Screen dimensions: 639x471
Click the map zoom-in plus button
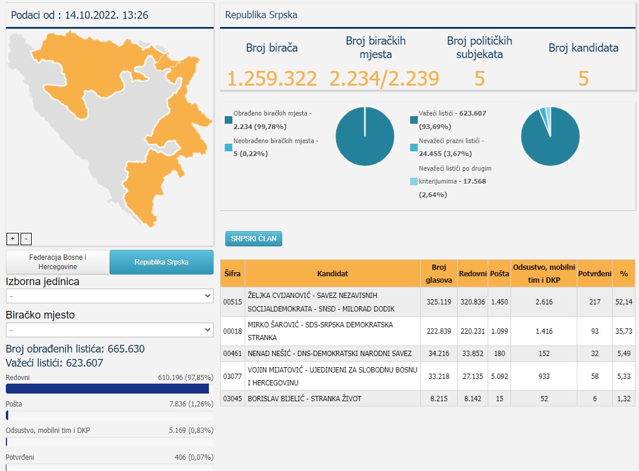(x=13, y=239)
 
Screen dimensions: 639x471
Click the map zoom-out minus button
(x=26, y=239)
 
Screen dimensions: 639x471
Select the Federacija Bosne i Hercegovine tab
(x=58, y=262)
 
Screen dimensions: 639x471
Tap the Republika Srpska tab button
(x=161, y=262)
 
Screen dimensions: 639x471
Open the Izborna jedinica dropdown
(x=110, y=296)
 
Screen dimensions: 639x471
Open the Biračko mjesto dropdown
(x=110, y=330)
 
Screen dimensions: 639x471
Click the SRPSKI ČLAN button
(x=253, y=239)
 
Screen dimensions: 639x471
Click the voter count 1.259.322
(x=272, y=78)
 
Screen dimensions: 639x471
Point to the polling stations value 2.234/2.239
(x=384, y=78)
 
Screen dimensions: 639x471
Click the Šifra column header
(x=232, y=273)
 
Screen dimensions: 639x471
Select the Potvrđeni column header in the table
(x=594, y=273)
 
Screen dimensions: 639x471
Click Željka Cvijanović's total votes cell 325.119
(x=439, y=302)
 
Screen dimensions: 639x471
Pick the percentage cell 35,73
(x=624, y=331)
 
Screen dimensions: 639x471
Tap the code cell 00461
(x=232, y=354)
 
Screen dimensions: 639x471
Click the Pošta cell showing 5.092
(x=499, y=376)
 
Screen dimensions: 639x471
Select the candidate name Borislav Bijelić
(x=276, y=398)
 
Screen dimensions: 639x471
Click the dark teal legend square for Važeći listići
(x=414, y=120)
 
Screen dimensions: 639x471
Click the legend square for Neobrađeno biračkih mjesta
(x=228, y=147)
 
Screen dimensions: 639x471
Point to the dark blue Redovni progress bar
(x=107, y=389)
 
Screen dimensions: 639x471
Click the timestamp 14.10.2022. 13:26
(x=107, y=15)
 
